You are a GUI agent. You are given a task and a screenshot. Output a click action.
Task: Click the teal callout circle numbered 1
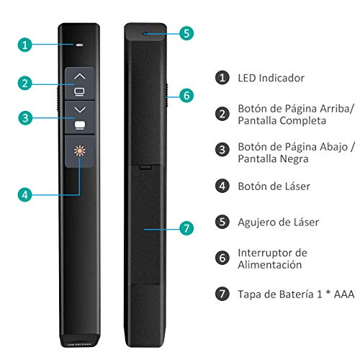click(24, 45)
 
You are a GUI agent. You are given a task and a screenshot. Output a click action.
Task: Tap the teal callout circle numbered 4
click(24, 194)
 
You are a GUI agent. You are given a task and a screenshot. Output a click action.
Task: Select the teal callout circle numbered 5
click(186, 33)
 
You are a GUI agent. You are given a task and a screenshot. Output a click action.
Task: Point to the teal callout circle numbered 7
click(186, 228)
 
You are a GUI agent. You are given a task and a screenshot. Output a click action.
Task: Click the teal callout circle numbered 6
click(186, 96)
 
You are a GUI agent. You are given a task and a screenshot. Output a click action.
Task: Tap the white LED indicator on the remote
click(79, 45)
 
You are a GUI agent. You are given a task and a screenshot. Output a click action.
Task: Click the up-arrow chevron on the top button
click(79, 76)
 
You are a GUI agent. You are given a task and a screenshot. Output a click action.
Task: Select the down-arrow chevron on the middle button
click(80, 109)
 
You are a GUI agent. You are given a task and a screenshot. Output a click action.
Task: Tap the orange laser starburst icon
click(80, 150)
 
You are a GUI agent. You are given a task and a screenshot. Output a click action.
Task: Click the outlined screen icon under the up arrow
click(79, 92)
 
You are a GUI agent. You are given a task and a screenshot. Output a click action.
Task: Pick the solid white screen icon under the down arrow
click(80, 125)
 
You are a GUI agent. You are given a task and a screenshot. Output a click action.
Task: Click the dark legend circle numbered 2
click(222, 114)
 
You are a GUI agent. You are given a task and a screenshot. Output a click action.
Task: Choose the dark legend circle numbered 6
click(222, 258)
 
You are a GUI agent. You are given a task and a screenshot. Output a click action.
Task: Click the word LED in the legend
click(247, 78)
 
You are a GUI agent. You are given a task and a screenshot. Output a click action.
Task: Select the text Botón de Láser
click(274, 186)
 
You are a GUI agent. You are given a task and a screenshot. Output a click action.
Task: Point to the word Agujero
click(256, 222)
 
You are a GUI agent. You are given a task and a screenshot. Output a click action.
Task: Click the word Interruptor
click(266, 253)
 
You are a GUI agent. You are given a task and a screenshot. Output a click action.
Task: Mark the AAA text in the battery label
click(344, 294)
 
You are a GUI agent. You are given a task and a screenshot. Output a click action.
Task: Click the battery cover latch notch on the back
click(145, 166)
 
